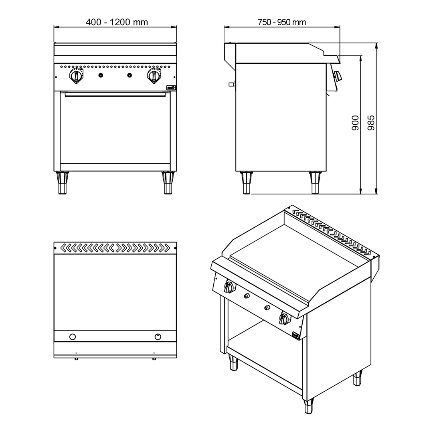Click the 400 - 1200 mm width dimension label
coord(117,22)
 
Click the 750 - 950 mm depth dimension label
coord(282,22)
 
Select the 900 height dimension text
coord(355,123)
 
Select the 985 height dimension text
coord(371,123)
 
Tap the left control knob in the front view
coord(76,75)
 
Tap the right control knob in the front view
coord(154,75)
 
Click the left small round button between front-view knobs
coord(101,75)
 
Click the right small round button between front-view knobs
coord(129,75)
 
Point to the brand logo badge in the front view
coord(171,88)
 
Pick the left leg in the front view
coord(62,182)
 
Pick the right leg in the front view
coord(168,182)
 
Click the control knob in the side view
coord(338,75)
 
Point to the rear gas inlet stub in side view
coord(232,84)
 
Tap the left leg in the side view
coord(246,182)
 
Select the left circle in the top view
coord(72,337)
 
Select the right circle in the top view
coord(158,337)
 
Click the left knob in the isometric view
coord(229,286)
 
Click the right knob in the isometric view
coord(284,318)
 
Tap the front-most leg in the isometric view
coord(308,406)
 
